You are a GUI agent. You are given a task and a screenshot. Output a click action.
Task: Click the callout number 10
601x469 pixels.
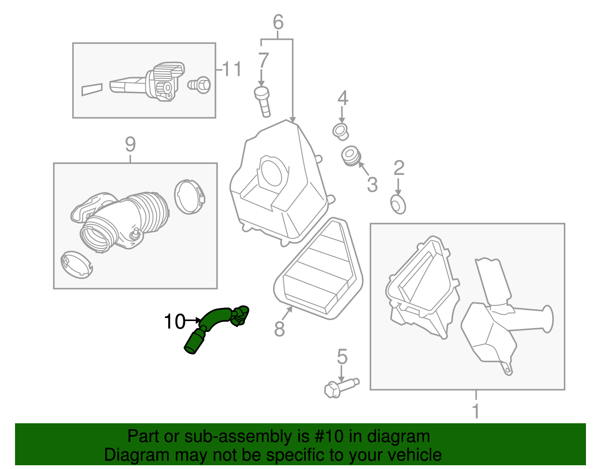(x=175, y=321)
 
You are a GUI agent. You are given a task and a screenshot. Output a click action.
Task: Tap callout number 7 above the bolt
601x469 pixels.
(x=263, y=61)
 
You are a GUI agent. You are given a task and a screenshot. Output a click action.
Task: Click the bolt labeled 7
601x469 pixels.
(x=263, y=101)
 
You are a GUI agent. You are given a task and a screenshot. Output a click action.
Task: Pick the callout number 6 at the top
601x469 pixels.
(x=278, y=23)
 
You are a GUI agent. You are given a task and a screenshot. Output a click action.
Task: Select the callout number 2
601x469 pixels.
(x=399, y=169)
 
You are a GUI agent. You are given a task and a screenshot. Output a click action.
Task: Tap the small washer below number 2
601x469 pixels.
(x=398, y=205)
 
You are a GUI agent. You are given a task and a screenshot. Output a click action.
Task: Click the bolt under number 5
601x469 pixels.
(x=340, y=387)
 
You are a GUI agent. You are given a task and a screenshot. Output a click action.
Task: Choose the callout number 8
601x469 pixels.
(x=279, y=329)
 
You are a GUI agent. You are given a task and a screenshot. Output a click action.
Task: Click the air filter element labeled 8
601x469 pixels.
(x=319, y=270)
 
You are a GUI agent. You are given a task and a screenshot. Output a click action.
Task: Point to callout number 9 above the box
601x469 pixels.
(x=130, y=144)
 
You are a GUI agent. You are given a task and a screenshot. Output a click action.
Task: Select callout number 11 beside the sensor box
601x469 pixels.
(x=231, y=69)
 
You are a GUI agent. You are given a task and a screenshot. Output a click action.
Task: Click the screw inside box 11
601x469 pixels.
(x=199, y=85)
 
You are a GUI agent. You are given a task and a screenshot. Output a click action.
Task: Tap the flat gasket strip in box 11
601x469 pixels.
(x=92, y=89)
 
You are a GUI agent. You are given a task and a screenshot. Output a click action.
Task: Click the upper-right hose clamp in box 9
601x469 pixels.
(x=190, y=196)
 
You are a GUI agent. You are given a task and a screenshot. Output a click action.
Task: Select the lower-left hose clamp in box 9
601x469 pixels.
(x=77, y=264)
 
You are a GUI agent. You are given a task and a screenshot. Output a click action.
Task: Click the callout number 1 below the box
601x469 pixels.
(x=476, y=411)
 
